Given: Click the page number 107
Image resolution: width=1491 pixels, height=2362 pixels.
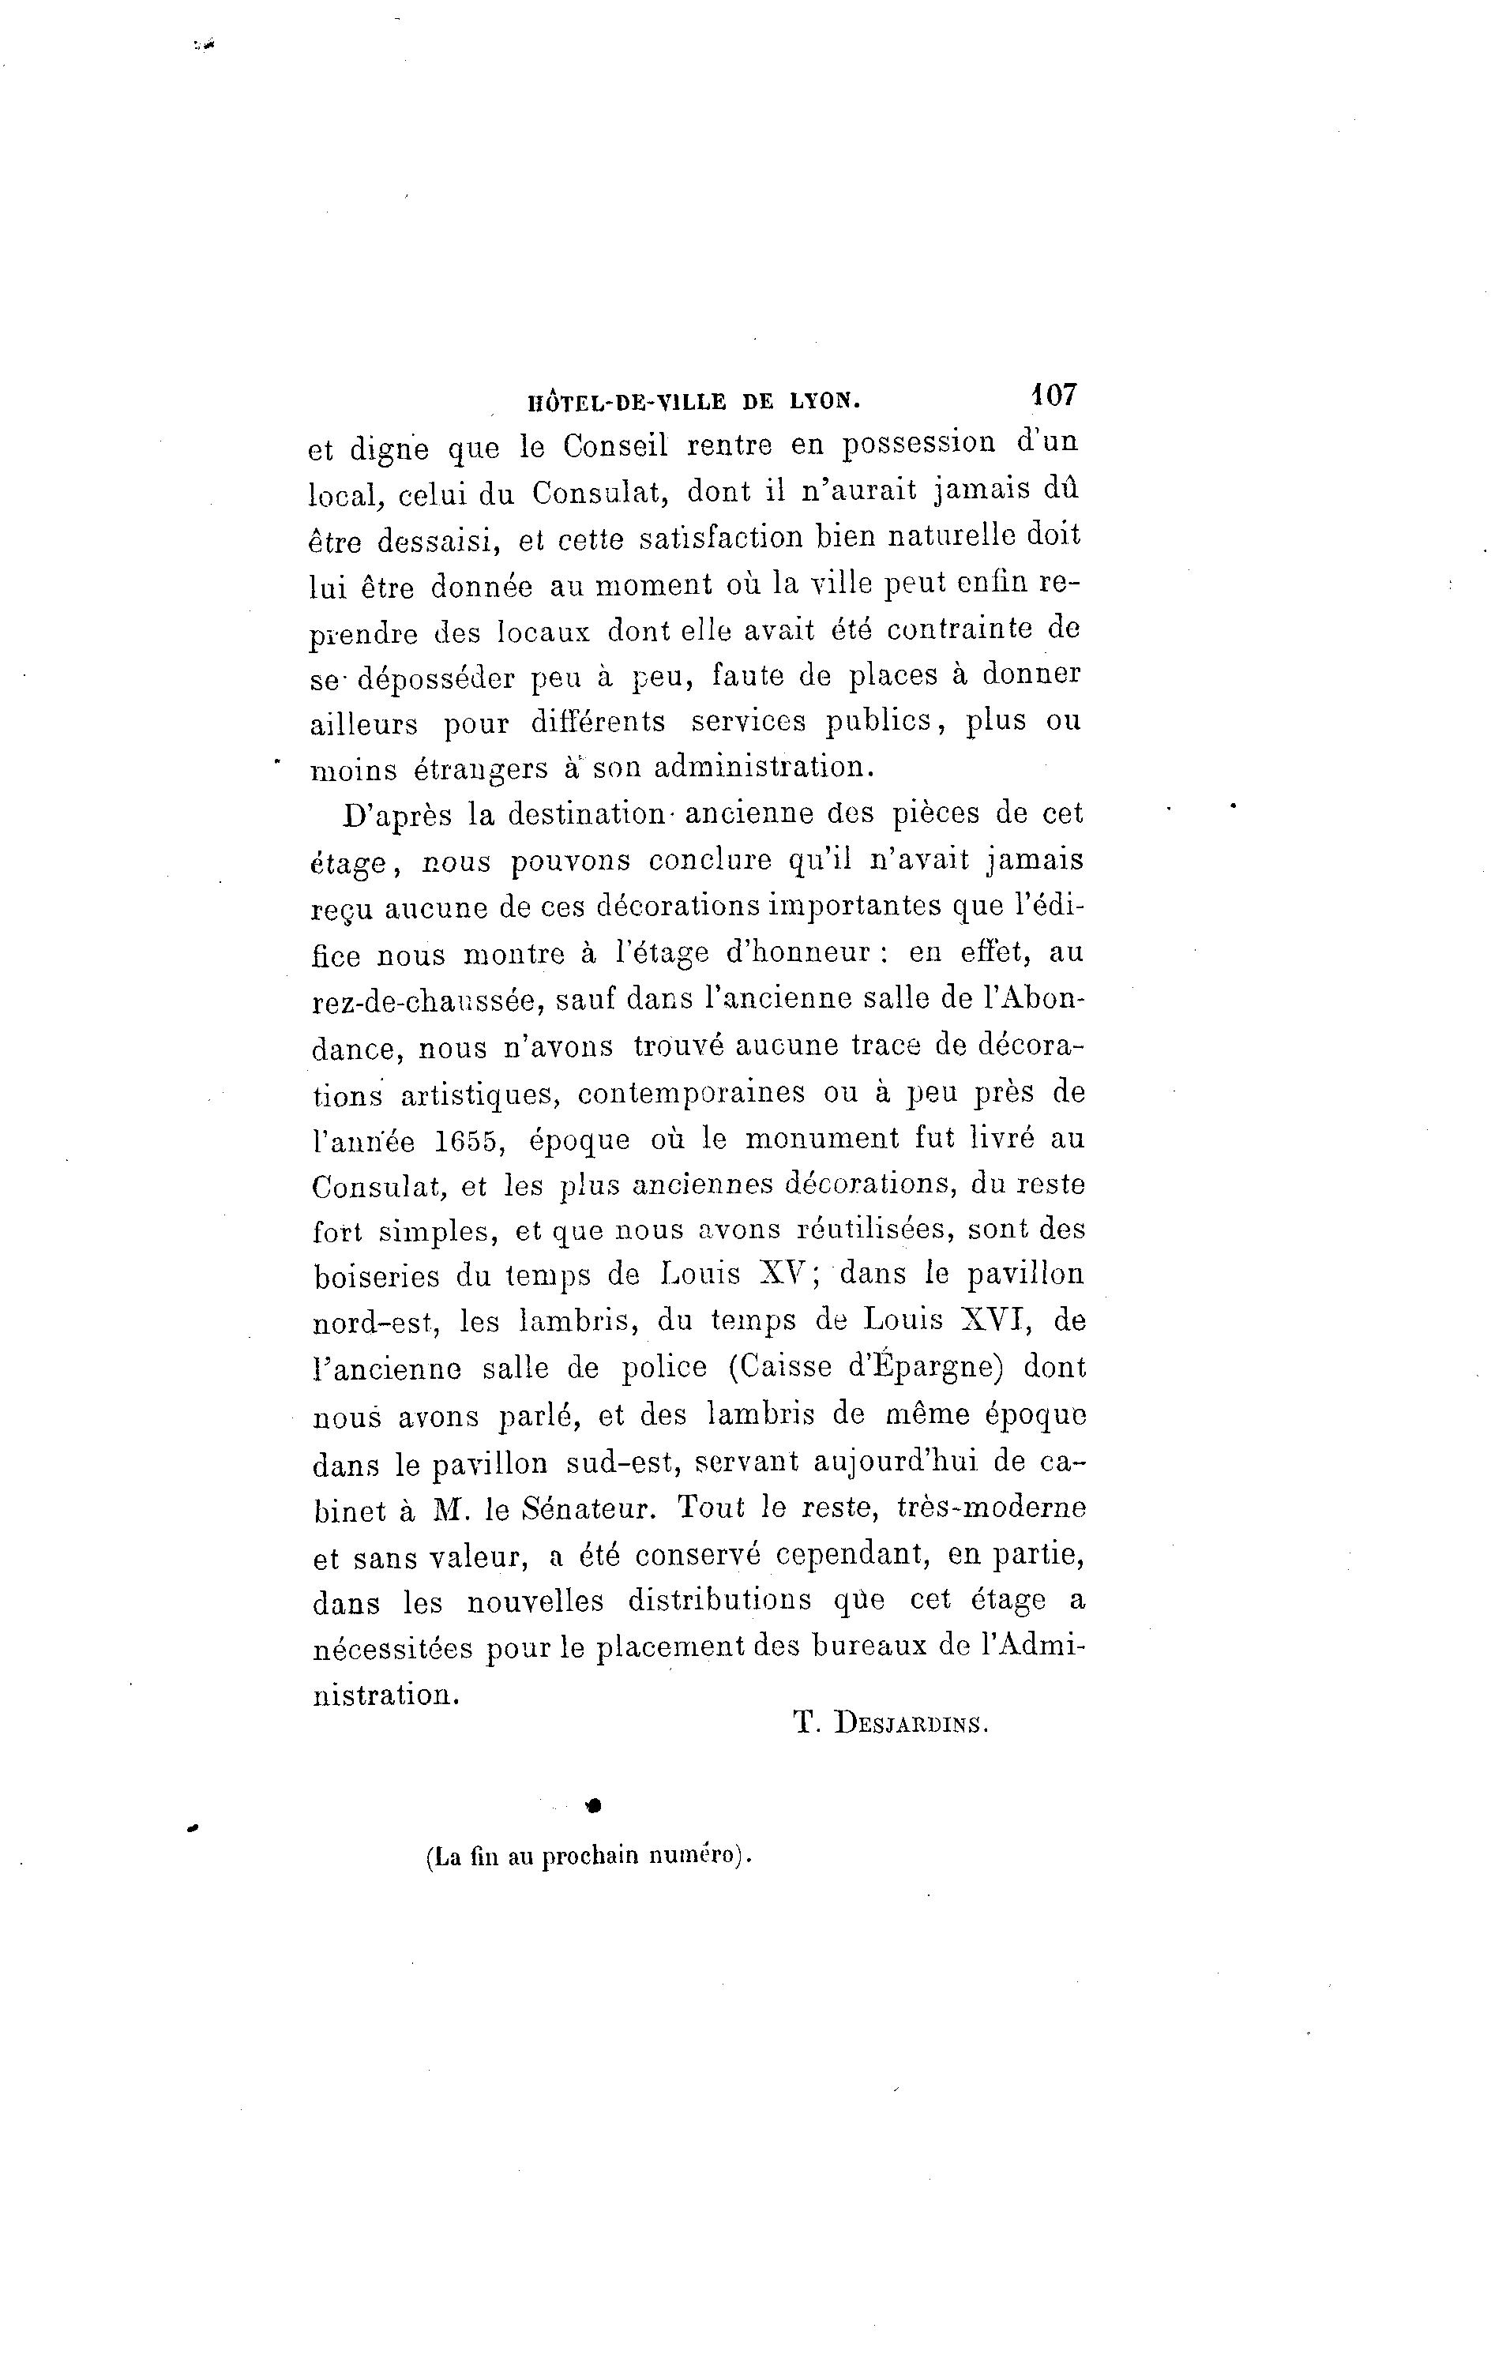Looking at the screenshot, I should point(1053,396).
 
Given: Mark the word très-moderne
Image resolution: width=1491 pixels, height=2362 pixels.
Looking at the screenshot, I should point(991,1508).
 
